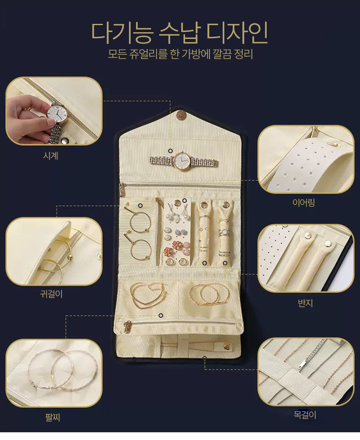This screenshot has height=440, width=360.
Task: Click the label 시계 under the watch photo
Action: [51, 156]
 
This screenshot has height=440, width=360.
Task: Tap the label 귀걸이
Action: [51, 294]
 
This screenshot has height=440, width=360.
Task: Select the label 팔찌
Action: [52, 417]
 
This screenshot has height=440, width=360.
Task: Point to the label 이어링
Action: [303, 202]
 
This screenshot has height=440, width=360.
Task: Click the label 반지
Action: [305, 303]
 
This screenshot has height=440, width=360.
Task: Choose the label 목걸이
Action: [305, 414]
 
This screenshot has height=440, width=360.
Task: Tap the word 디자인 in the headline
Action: [237, 33]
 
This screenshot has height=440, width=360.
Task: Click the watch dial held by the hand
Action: [57, 113]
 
